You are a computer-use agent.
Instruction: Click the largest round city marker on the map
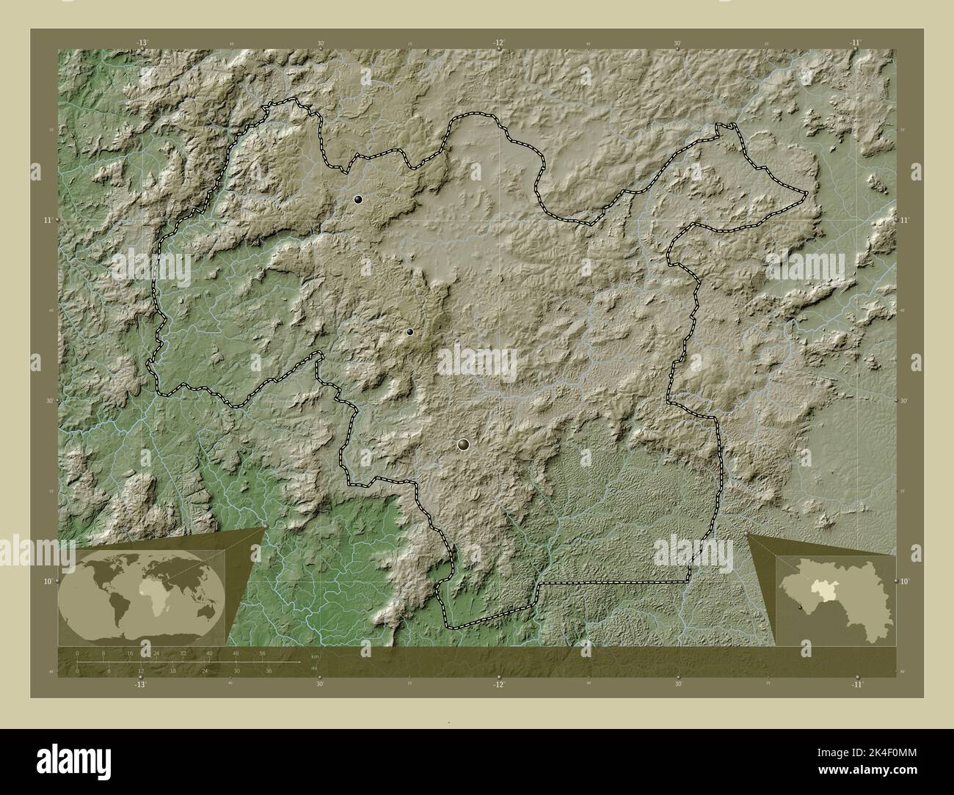click(x=463, y=444)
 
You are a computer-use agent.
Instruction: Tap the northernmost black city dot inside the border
click(x=358, y=199)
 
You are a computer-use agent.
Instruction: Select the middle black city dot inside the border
click(x=409, y=331)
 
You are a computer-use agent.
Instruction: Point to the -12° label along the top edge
click(x=499, y=43)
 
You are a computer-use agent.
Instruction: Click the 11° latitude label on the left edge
click(x=48, y=220)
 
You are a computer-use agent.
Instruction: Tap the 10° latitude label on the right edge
click(x=906, y=581)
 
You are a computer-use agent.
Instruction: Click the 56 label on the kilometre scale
click(x=262, y=653)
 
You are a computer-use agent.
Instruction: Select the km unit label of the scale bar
click(x=315, y=656)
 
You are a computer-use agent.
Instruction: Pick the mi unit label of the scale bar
click(x=313, y=668)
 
